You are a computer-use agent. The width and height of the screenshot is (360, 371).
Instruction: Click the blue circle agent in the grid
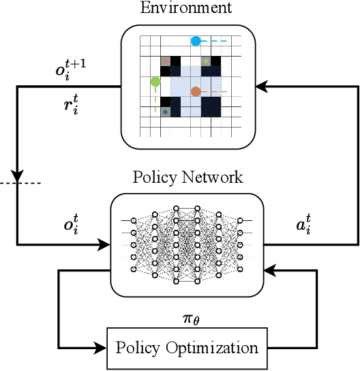click(x=196, y=41)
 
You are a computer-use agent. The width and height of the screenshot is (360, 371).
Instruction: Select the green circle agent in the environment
click(x=155, y=83)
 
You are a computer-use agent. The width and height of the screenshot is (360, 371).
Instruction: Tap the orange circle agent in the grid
click(x=196, y=91)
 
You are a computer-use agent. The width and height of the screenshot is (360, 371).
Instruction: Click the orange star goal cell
click(x=165, y=61)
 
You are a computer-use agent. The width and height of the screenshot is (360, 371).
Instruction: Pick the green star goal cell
click(x=206, y=61)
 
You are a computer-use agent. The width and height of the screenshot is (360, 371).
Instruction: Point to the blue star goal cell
click(x=165, y=111)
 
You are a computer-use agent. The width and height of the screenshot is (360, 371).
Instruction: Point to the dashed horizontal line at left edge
click(x=20, y=183)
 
